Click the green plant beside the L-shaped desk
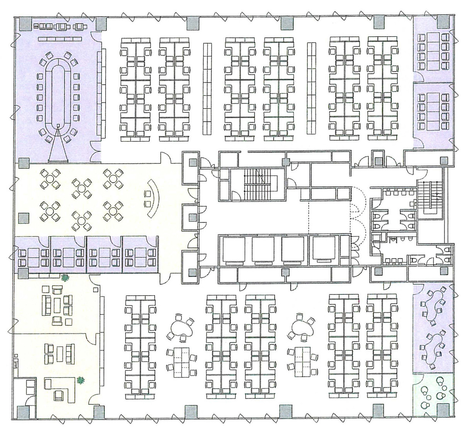(80, 380)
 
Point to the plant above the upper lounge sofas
(64, 277)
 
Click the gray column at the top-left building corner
(24, 25)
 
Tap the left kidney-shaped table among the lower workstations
(180, 327)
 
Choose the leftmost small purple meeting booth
(32, 254)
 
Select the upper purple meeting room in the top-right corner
(432, 49)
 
